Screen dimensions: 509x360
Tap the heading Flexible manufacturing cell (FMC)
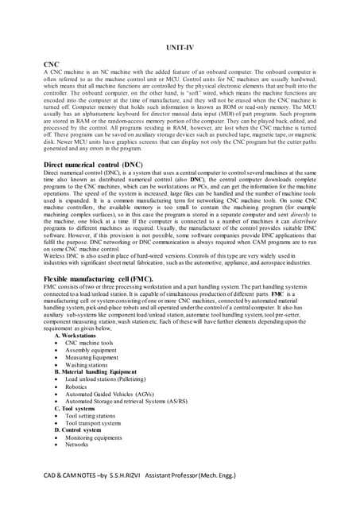91,280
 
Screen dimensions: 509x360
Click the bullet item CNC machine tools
89,343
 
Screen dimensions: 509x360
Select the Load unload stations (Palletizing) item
106,379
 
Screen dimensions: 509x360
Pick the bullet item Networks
78,445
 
